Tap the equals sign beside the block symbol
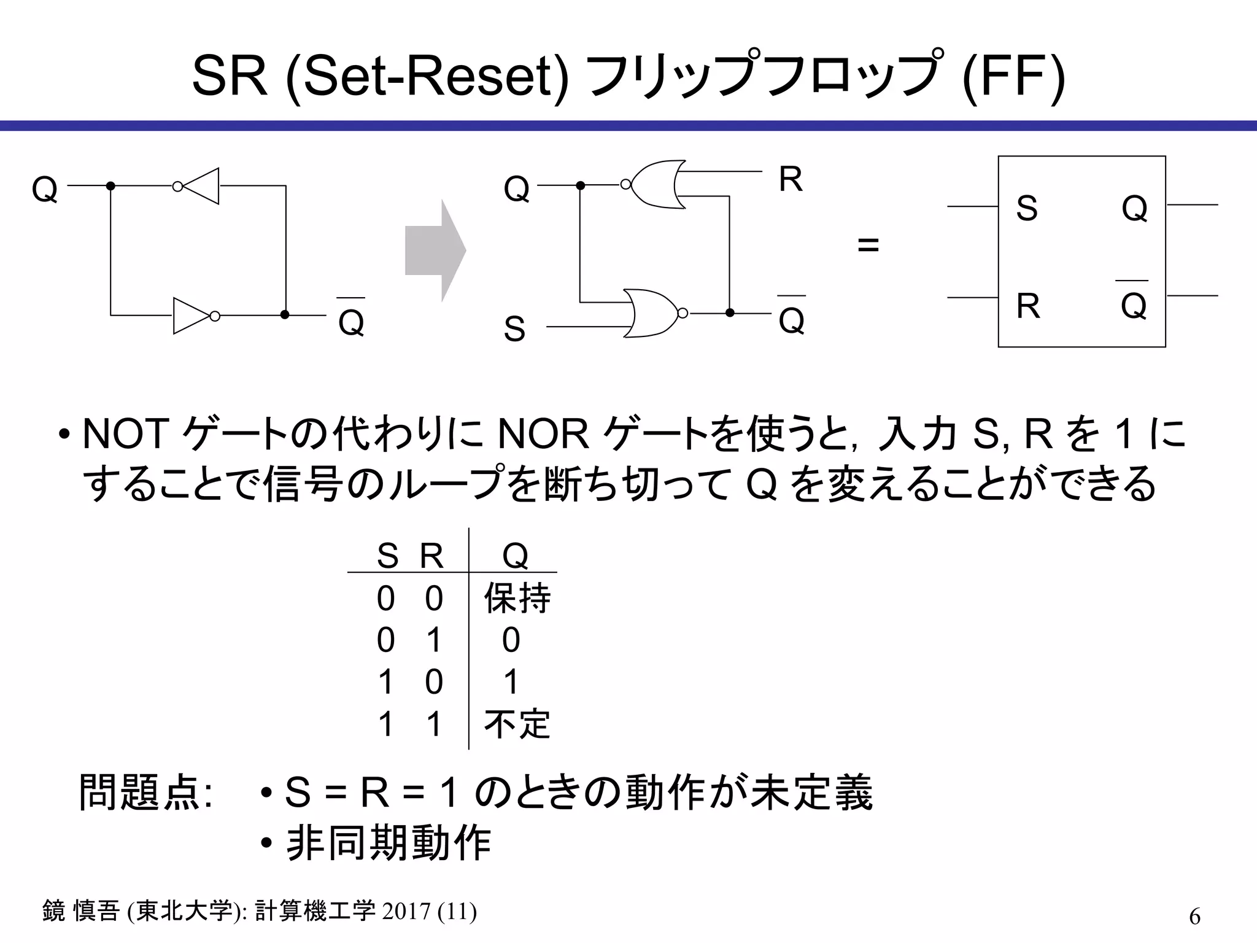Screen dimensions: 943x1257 tap(868, 246)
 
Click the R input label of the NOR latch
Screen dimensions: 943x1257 tap(791, 180)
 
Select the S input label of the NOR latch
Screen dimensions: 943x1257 tap(514, 329)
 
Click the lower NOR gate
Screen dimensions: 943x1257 tap(651, 313)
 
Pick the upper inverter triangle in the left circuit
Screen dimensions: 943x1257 tap(199, 185)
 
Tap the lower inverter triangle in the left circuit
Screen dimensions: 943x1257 tap(192, 316)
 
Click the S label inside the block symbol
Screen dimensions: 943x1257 tap(1026, 208)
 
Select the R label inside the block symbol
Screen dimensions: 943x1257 tap(1028, 306)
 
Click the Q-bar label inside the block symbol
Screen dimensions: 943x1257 tap(1133, 304)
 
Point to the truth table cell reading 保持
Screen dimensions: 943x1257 tap(517, 599)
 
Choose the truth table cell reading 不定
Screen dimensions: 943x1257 tap(517, 724)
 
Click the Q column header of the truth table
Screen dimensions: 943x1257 tap(515, 556)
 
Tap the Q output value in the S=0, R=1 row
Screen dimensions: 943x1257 tap(511, 640)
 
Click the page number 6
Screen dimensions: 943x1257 tap(1194, 917)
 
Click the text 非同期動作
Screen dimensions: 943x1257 tap(388, 844)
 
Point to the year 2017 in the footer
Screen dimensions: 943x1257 tap(406, 911)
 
